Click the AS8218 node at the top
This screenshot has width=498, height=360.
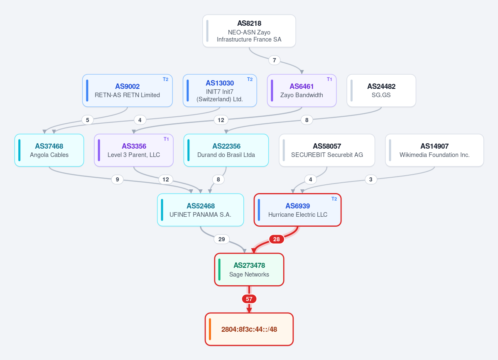click(x=249, y=31)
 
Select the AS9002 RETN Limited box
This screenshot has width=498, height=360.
click(x=128, y=91)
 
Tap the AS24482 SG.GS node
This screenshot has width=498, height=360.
click(x=381, y=91)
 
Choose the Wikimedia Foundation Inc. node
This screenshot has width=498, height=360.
click(x=434, y=150)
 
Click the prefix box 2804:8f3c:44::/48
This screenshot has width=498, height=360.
click(x=249, y=329)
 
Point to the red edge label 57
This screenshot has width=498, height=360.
click(x=249, y=299)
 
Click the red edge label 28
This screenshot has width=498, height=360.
click(x=276, y=239)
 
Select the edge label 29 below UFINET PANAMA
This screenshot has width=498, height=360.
click(x=222, y=239)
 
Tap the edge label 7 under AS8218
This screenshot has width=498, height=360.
click(x=275, y=60)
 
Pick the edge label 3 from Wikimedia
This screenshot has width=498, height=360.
click(x=370, y=179)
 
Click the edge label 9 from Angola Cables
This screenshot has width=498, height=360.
click(x=118, y=179)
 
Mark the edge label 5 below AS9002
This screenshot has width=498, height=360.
click(x=87, y=120)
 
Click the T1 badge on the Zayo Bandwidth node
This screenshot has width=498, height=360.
click(x=329, y=79)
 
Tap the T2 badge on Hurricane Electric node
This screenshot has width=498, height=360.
click(x=334, y=199)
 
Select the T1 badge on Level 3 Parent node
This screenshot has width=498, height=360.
click(x=166, y=139)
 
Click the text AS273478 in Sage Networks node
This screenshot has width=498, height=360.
click(x=249, y=265)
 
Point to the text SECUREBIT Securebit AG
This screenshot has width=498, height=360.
click(x=327, y=155)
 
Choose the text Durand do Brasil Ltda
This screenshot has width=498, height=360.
click(x=226, y=155)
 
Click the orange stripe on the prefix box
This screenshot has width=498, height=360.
click(x=210, y=329)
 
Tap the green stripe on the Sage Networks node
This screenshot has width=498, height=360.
click(x=219, y=269)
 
